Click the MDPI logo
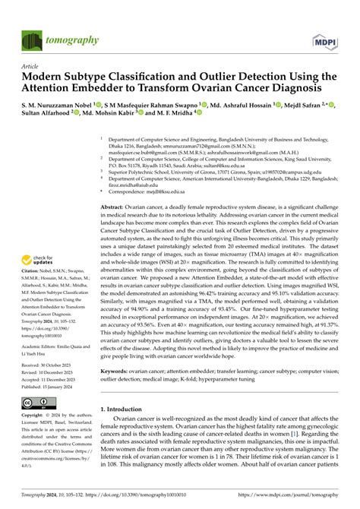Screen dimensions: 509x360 pos(325,39)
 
